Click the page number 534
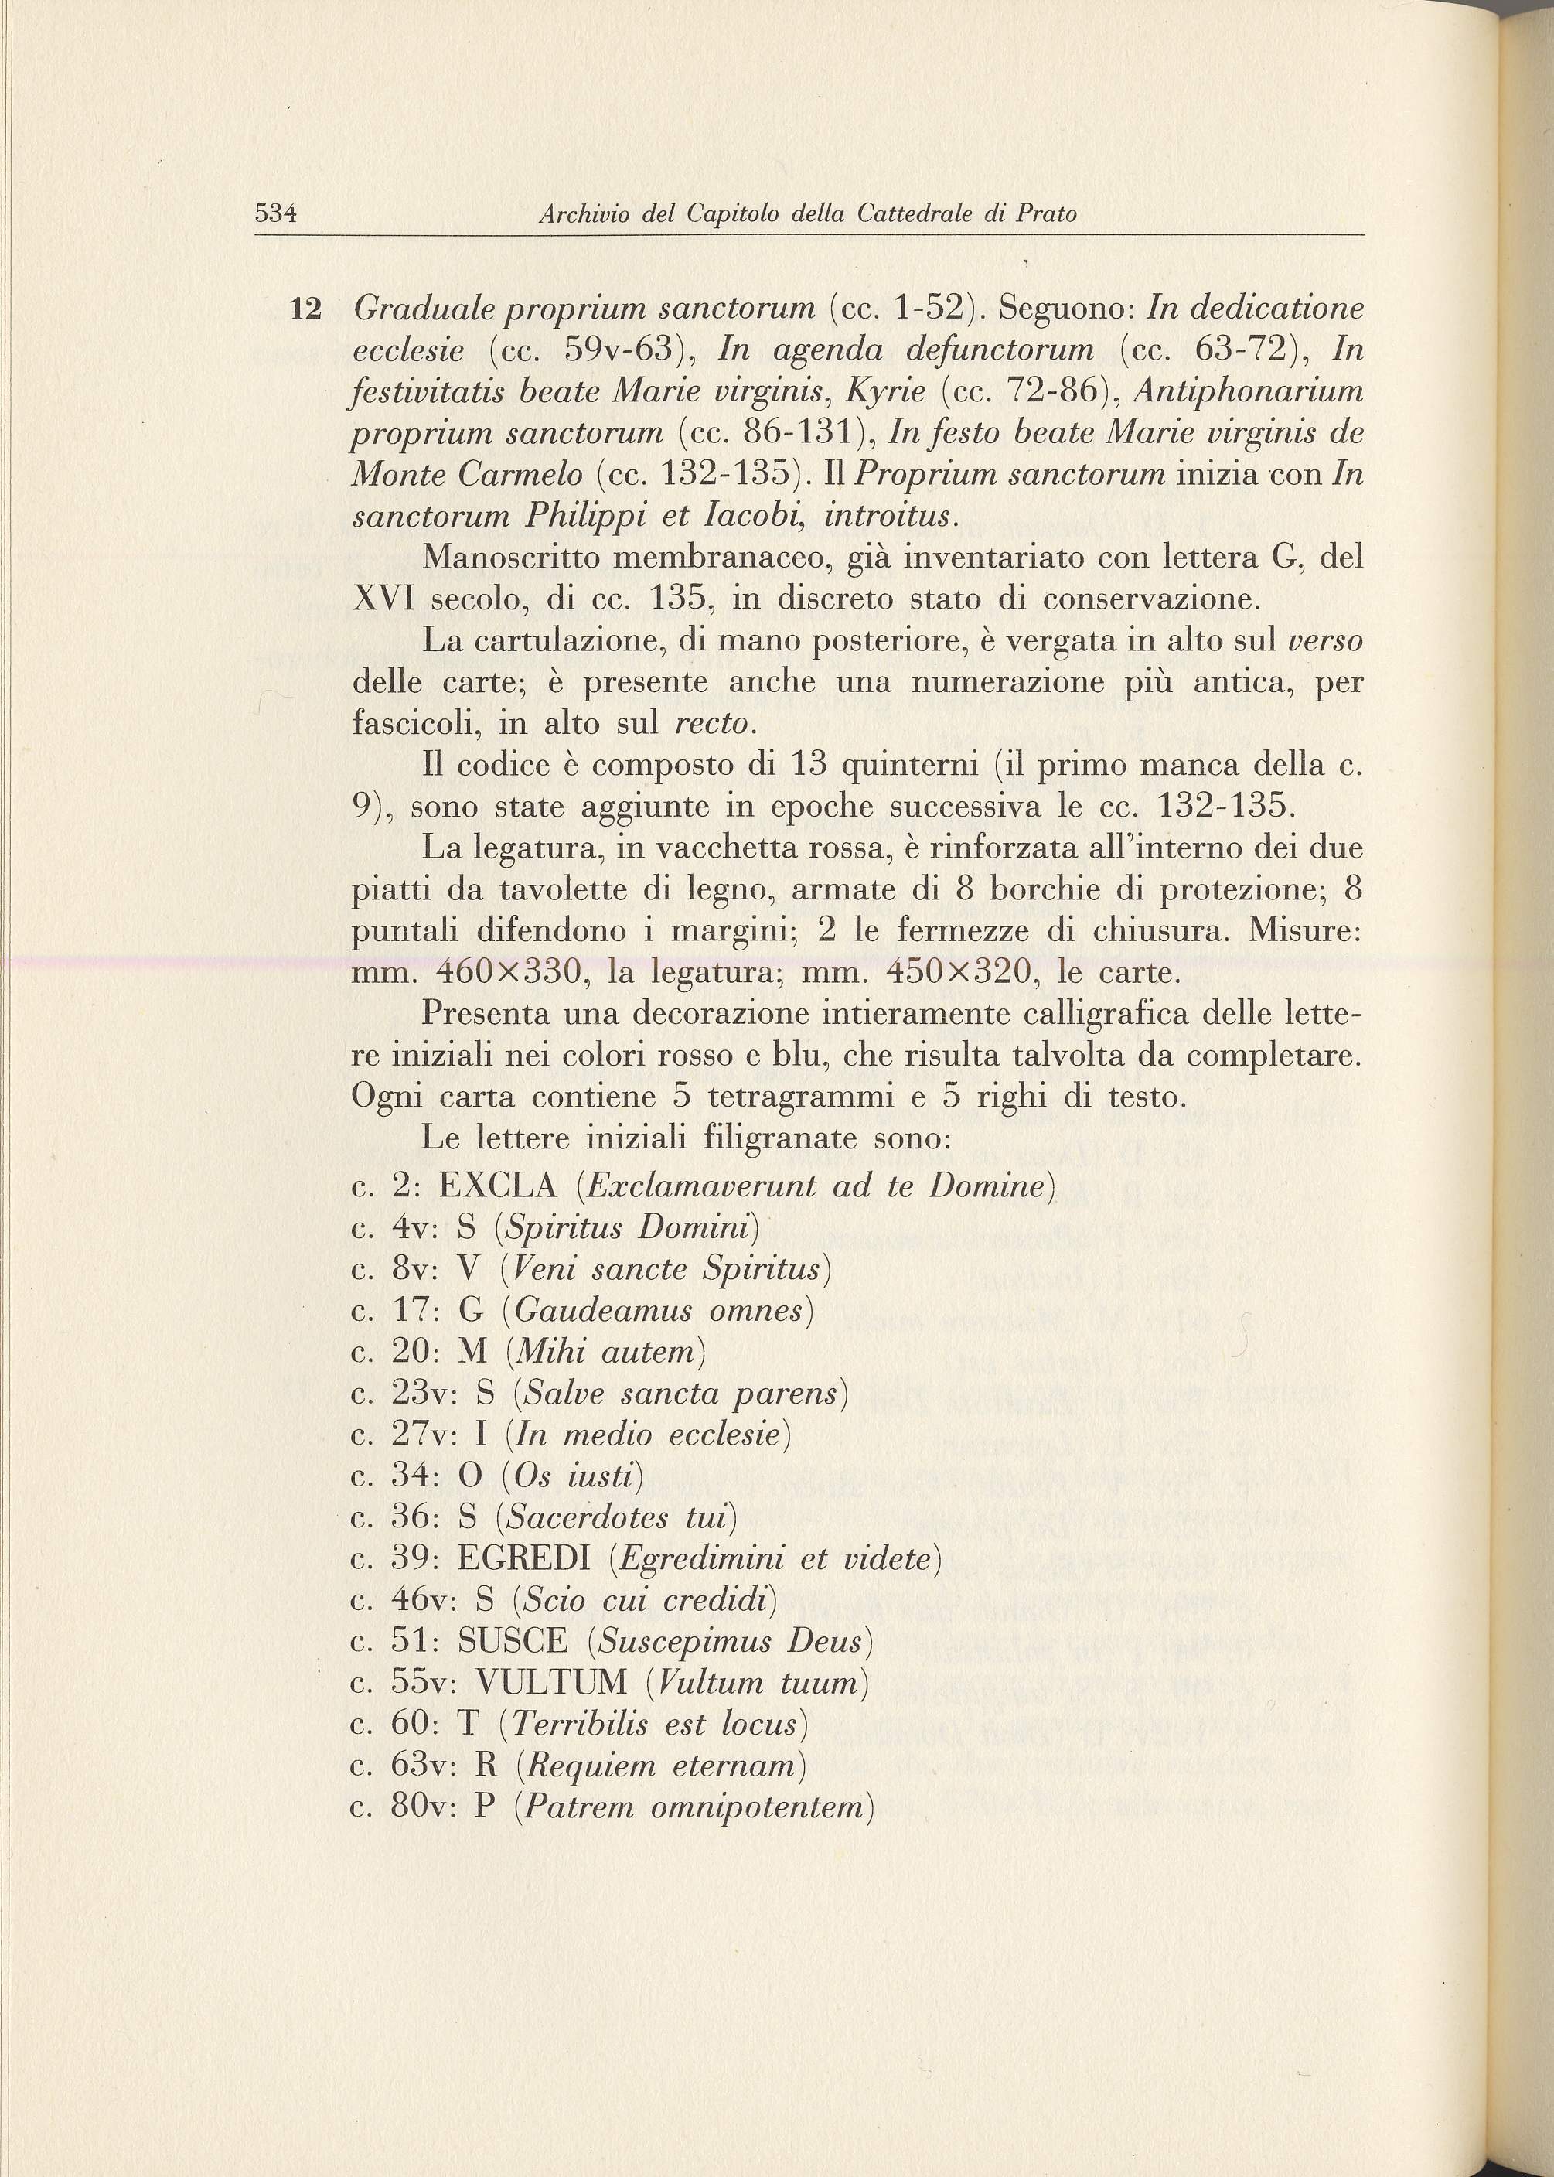coord(277,213)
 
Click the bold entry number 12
coord(305,309)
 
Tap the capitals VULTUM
coord(551,1682)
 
